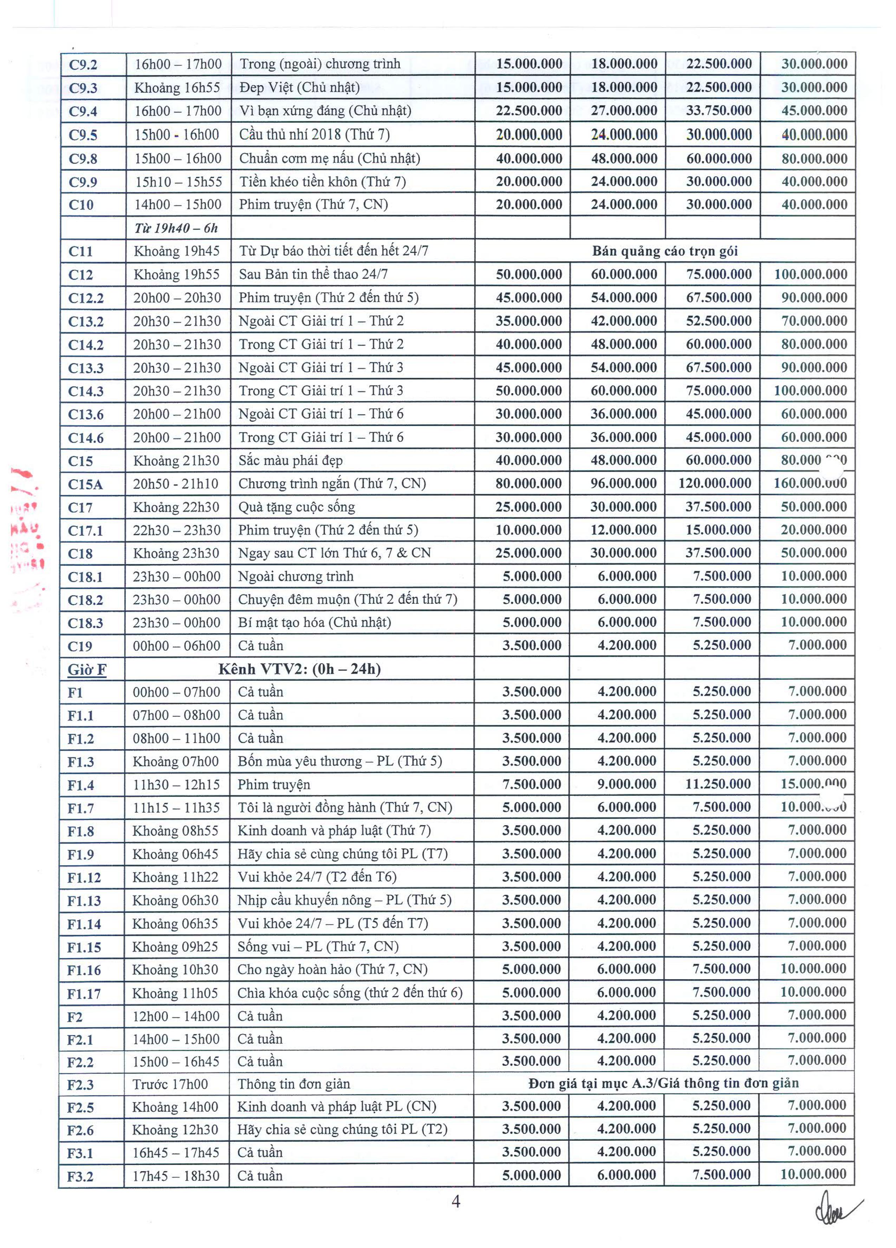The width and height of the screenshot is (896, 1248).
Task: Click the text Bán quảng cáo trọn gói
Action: [x=664, y=251]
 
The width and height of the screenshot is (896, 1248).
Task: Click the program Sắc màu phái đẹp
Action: [x=290, y=461]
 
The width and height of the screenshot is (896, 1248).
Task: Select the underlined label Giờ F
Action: [x=87, y=670]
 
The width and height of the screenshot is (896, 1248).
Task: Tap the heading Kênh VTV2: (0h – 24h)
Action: [x=299, y=669]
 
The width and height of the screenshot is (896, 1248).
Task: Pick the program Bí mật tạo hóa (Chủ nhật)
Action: [x=314, y=622]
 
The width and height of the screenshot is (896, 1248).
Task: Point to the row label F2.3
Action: [x=80, y=1085]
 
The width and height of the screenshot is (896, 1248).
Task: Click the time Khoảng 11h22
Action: [x=175, y=876]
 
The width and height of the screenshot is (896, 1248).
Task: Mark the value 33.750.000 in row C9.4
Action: [x=718, y=111]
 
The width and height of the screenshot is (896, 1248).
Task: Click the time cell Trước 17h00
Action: [x=170, y=1085]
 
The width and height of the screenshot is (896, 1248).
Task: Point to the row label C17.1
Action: [x=85, y=531]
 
